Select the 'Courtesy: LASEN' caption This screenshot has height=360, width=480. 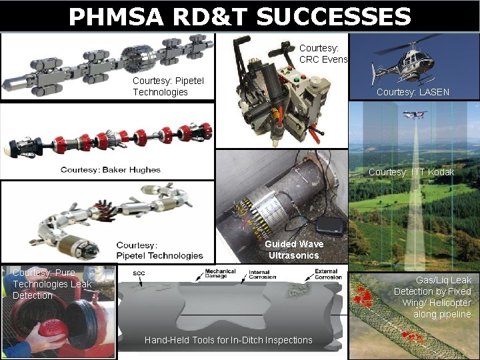coord(413,92)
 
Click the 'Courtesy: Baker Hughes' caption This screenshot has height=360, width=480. coord(111,169)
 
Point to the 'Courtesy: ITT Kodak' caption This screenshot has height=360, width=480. coord(411,172)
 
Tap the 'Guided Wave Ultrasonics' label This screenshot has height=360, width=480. coord(293,249)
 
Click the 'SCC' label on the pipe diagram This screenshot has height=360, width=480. coord(139,273)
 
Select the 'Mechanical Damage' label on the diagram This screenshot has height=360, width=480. coord(219,273)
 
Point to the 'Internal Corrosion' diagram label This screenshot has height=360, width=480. coord(259,275)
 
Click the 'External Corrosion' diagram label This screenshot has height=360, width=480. coord(325,275)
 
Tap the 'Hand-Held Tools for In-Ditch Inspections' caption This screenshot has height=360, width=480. coord(228,340)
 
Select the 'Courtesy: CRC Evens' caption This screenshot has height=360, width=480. coord(323,53)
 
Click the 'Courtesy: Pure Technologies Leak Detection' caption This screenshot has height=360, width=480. coord(52,284)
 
